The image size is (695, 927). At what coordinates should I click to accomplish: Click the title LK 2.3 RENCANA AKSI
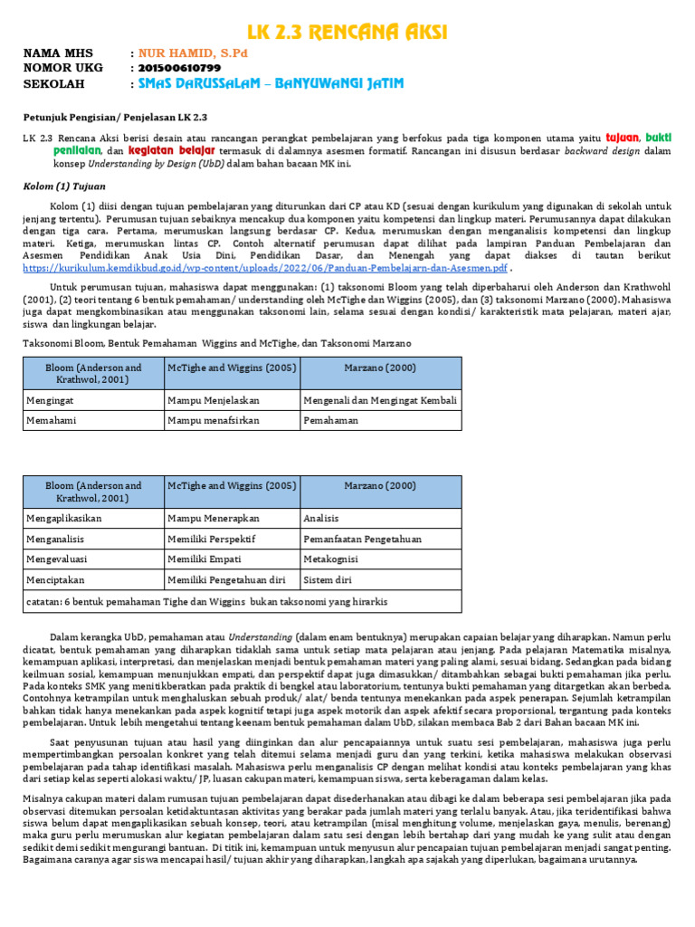click(347, 33)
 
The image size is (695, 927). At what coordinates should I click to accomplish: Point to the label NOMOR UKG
click(62, 68)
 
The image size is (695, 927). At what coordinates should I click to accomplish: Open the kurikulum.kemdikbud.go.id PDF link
click(264, 268)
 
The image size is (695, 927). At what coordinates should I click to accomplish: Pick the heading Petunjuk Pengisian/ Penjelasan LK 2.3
click(115, 118)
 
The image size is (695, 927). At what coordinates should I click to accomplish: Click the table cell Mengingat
click(91, 400)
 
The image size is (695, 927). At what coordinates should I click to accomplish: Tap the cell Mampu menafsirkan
click(231, 421)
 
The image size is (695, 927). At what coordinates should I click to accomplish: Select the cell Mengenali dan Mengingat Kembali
click(380, 400)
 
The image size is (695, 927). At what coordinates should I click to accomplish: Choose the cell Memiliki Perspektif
click(231, 539)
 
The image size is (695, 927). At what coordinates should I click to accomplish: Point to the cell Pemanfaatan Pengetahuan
click(380, 539)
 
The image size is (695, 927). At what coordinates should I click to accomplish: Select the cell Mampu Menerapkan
click(231, 518)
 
